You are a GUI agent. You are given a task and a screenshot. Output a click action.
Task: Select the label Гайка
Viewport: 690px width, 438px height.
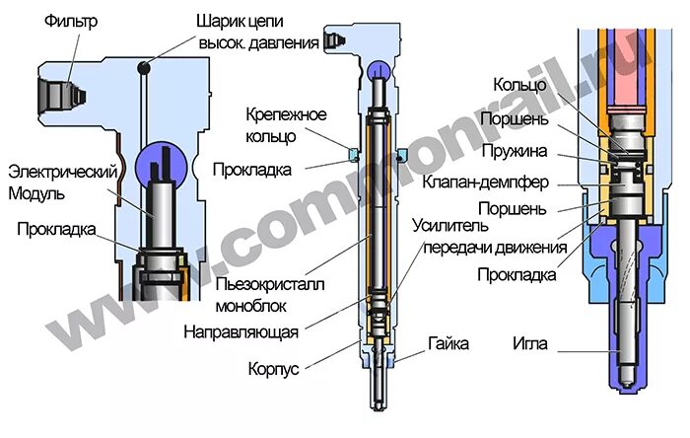[448, 345]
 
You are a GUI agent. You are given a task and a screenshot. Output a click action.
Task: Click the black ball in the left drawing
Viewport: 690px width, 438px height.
[144, 67]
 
